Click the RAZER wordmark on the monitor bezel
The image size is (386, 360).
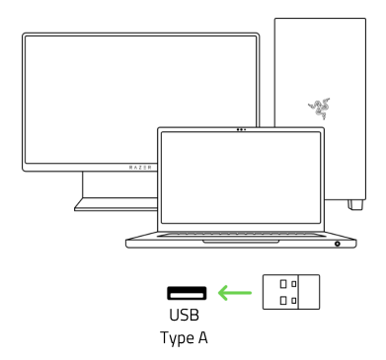140,168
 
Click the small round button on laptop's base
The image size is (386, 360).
338,243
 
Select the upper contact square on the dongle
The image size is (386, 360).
282,286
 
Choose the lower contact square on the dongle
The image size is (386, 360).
282,301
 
